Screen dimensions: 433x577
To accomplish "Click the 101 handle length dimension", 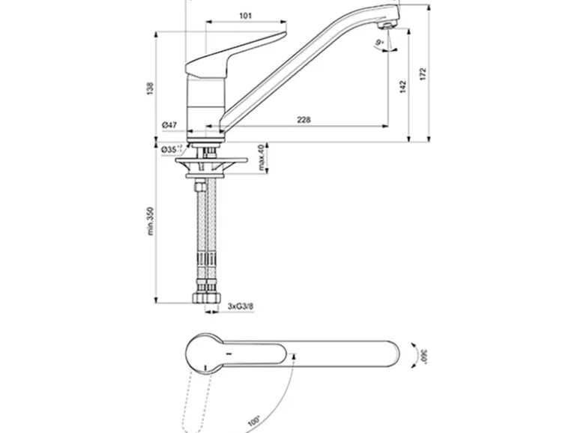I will [245, 16].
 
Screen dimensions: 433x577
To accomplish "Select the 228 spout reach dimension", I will [303, 119].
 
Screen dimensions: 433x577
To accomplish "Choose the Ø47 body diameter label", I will [168, 124].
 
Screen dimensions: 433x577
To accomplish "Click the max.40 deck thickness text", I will [262, 159].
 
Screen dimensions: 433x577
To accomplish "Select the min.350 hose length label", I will [150, 223].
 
